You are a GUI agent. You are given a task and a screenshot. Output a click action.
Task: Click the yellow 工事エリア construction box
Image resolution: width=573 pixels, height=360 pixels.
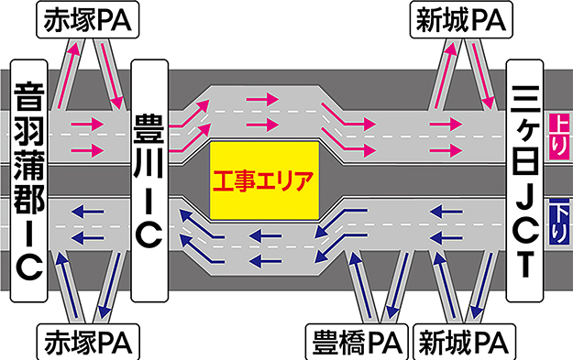(264, 180)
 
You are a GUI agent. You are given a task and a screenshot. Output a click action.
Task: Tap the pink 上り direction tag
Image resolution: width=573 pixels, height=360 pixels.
(559, 136)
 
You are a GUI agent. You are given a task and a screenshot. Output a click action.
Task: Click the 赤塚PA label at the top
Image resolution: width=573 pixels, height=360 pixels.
(88, 20)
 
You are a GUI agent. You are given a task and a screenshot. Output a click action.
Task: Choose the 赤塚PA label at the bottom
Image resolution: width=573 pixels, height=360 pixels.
(88, 342)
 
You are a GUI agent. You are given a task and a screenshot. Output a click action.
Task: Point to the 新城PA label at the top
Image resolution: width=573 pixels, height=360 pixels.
(461, 20)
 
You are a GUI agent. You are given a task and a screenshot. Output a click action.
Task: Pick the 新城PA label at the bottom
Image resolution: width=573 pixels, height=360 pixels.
(464, 342)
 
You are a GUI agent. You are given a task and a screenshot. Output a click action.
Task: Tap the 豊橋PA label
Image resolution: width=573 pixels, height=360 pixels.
(357, 342)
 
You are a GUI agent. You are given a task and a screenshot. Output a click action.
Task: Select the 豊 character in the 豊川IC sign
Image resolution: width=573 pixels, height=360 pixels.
(149, 128)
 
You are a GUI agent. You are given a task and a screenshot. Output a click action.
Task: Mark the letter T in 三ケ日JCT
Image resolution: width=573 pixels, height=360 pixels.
(524, 265)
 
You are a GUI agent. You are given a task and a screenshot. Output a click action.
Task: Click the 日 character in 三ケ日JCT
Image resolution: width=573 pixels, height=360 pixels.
(524, 161)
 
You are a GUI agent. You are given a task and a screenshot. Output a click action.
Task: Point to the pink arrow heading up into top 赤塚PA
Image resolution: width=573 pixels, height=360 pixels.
(69, 76)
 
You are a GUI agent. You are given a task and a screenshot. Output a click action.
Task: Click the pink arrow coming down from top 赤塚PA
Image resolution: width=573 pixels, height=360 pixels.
(111, 76)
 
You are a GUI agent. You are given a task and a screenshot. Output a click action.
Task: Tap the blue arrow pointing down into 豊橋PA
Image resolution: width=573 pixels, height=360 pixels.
(398, 285)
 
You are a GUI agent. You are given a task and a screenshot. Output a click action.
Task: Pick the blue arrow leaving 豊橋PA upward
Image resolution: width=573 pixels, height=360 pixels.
(359, 285)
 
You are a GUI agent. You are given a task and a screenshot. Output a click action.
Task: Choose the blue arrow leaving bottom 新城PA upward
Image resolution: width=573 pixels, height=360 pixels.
(445, 285)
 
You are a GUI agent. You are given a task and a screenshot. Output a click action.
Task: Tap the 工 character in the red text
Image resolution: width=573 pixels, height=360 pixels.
(225, 181)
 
